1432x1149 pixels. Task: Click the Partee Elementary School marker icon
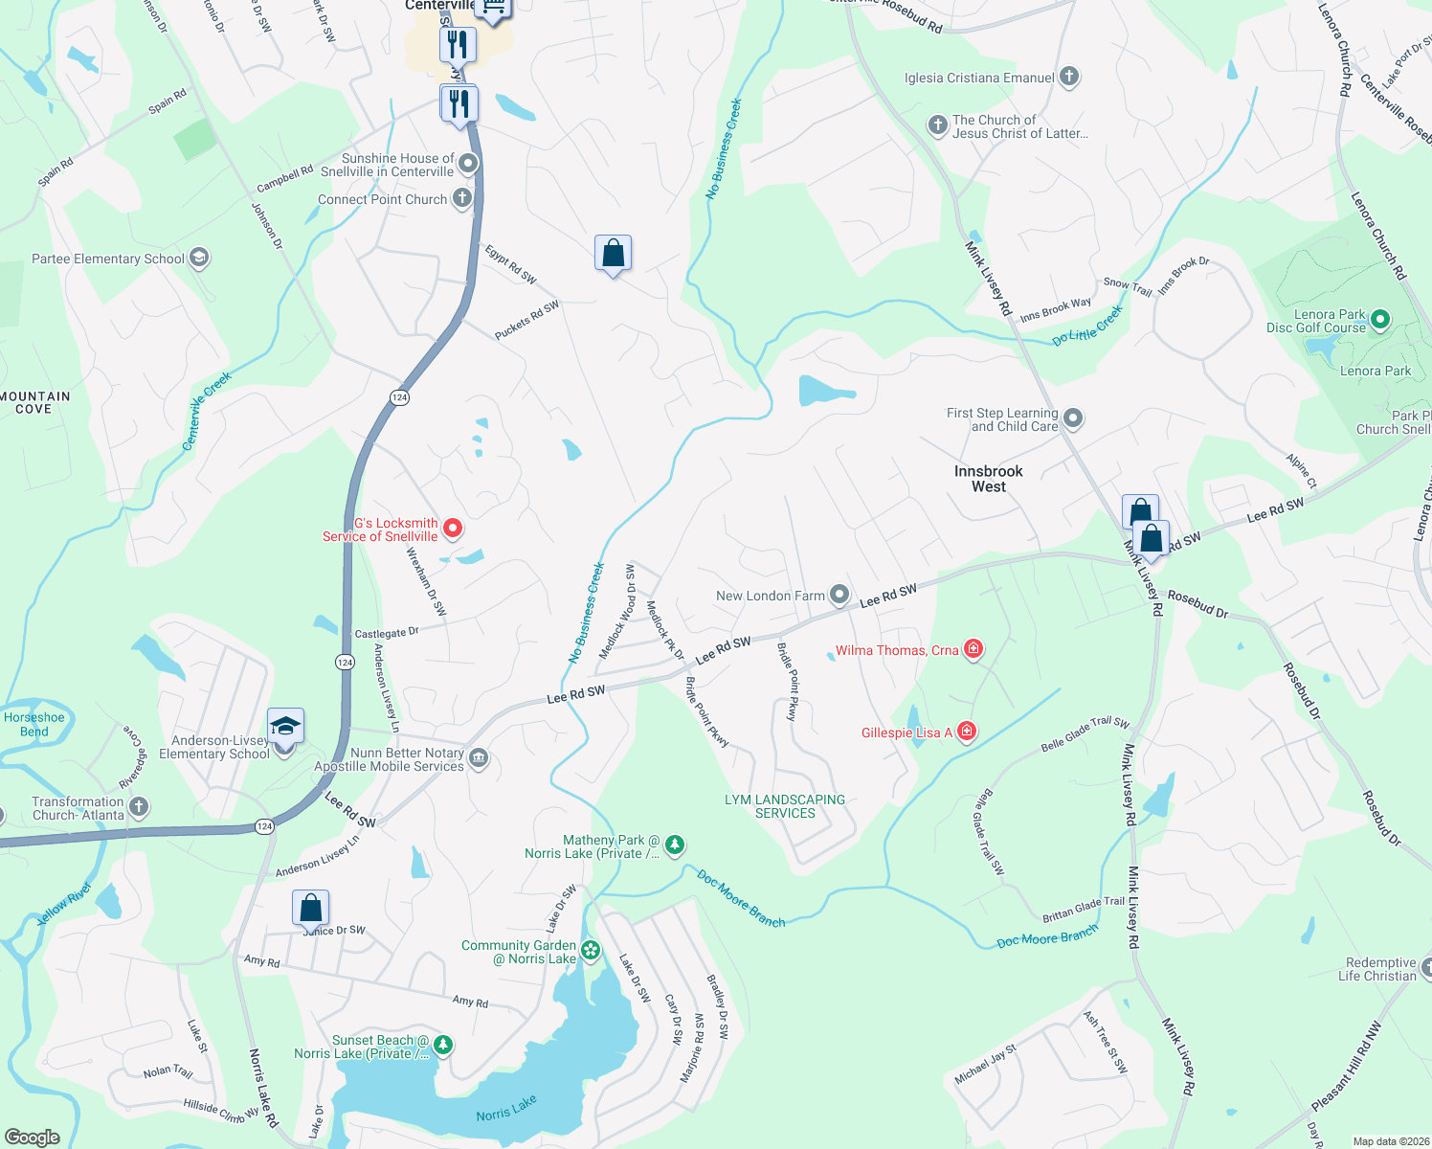coord(199,258)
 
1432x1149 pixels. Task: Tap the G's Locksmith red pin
coord(453,529)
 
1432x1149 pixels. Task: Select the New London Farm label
coord(770,596)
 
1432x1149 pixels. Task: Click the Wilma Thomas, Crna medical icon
coord(973,649)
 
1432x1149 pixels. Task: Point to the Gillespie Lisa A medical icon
coord(967,732)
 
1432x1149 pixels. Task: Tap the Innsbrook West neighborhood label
coord(988,479)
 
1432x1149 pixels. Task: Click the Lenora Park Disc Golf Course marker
coord(1379,319)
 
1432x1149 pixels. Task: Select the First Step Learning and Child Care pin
coord(1073,417)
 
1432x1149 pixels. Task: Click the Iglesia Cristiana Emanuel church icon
coord(1069,77)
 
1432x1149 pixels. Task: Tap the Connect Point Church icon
coord(462,198)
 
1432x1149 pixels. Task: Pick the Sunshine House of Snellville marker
coord(468,164)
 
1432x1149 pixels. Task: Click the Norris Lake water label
coord(506,1109)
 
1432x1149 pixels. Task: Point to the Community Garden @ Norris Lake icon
coord(591,950)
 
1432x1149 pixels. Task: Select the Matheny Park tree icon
coord(675,844)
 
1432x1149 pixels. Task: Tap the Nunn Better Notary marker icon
coord(479,758)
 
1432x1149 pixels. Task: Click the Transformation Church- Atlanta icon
coord(139,806)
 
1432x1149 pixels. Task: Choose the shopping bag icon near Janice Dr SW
coord(310,907)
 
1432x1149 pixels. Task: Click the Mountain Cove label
coord(35,402)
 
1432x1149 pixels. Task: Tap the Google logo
coord(32,1137)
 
